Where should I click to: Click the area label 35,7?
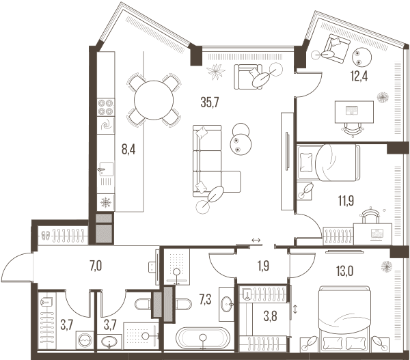click(x=210, y=102)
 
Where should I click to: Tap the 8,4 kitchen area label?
click(x=128, y=150)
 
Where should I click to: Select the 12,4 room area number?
click(x=359, y=77)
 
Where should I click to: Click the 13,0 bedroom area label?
click(x=345, y=271)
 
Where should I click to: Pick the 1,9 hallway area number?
click(x=263, y=266)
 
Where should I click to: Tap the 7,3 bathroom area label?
click(x=205, y=299)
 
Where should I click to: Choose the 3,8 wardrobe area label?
click(x=270, y=316)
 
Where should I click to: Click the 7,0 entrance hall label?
click(x=96, y=266)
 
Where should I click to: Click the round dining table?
click(x=154, y=100)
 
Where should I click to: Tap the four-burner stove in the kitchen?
click(x=106, y=107)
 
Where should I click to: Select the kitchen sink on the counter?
click(x=107, y=169)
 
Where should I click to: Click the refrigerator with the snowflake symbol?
click(x=106, y=202)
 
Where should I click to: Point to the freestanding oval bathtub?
click(x=203, y=337)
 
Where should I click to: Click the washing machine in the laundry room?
click(x=85, y=340)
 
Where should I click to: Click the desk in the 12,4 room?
click(x=354, y=111)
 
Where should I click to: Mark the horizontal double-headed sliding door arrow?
click(x=256, y=240)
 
